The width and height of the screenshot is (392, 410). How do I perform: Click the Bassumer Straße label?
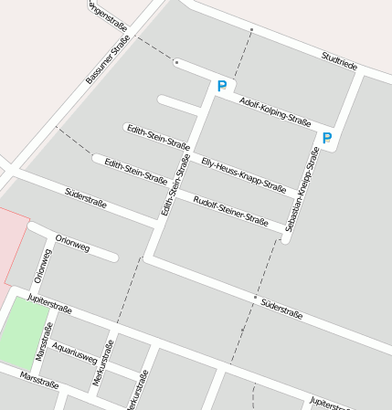tap(108, 59)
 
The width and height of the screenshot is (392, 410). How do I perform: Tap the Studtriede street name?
tap(339, 61)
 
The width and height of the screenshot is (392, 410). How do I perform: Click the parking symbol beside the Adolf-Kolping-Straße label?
tap(221, 87)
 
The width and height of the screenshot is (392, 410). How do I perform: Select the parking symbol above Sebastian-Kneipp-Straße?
tap(326, 139)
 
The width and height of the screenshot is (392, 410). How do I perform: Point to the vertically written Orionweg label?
tap(40, 266)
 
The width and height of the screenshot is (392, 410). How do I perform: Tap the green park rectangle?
tap(25, 332)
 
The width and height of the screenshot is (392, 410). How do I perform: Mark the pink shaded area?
tap(12, 245)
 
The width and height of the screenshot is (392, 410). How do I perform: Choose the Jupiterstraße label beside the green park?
tap(50, 303)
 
